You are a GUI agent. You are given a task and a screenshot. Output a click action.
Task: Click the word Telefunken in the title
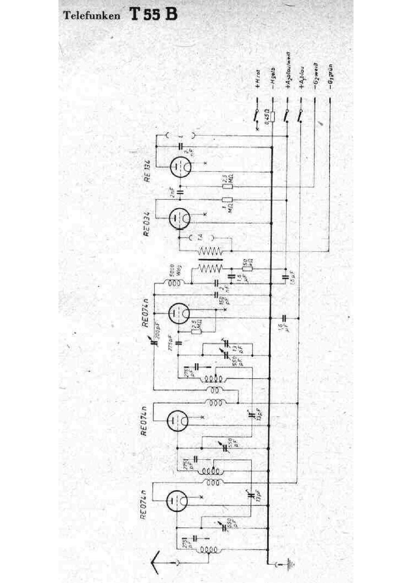(x=92, y=16)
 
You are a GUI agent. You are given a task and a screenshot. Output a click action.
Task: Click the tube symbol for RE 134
(x=180, y=167)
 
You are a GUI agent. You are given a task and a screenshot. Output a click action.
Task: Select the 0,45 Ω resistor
(x=272, y=116)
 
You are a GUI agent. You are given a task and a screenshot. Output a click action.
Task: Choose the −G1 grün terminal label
(x=331, y=77)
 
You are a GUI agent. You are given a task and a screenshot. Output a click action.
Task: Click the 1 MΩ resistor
(x=227, y=200)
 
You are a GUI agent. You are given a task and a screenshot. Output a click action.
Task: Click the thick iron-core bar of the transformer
(x=210, y=260)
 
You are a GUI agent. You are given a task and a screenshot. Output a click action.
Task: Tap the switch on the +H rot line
(x=256, y=116)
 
